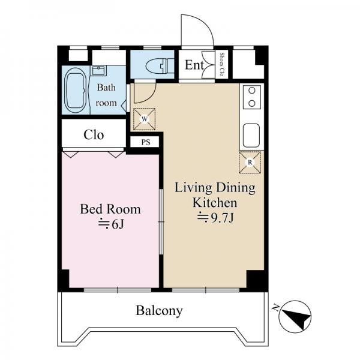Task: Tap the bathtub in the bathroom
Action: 76,90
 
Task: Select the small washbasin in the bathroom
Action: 99,70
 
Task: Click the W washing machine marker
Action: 145,119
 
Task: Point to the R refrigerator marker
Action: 250,163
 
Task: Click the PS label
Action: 146,142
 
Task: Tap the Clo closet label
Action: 94,135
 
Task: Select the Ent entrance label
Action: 194,65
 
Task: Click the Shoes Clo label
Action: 222,64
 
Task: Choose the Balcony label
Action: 160,311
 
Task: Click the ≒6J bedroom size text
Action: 112,224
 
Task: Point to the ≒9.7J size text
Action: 215,218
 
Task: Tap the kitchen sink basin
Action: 251,136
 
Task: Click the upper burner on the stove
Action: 252,91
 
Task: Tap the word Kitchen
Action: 215,203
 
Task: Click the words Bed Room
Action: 110,209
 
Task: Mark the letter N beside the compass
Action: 275,307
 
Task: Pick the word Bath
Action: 106,87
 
